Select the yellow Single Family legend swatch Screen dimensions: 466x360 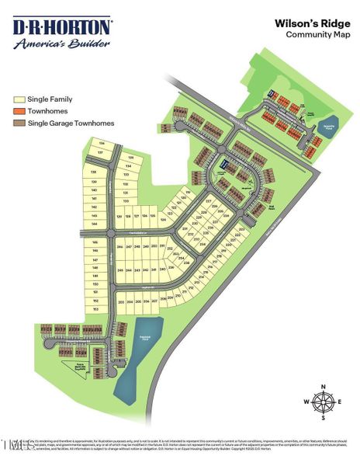pyautogui.click(x=19, y=100)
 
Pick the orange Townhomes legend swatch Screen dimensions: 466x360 pyautogui.click(x=19, y=112)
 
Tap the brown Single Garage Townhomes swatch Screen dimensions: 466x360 pyautogui.click(x=19, y=123)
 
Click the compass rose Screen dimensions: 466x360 pyautogui.click(x=324, y=402)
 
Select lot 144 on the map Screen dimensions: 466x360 pyautogui.click(x=94, y=223)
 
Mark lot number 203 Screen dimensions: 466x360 pyautogui.click(x=120, y=301)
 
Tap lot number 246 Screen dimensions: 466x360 pyautogui.click(x=120, y=246)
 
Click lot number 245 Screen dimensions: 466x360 pyautogui.click(x=120, y=270)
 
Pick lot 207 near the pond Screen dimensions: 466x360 pyautogui.click(x=154, y=300)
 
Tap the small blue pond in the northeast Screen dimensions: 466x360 pyautogui.click(x=327, y=128)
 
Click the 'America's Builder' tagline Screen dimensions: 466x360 pyautogui.click(x=62, y=44)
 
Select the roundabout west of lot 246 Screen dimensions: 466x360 pyautogui.click(x=110, y=233)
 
